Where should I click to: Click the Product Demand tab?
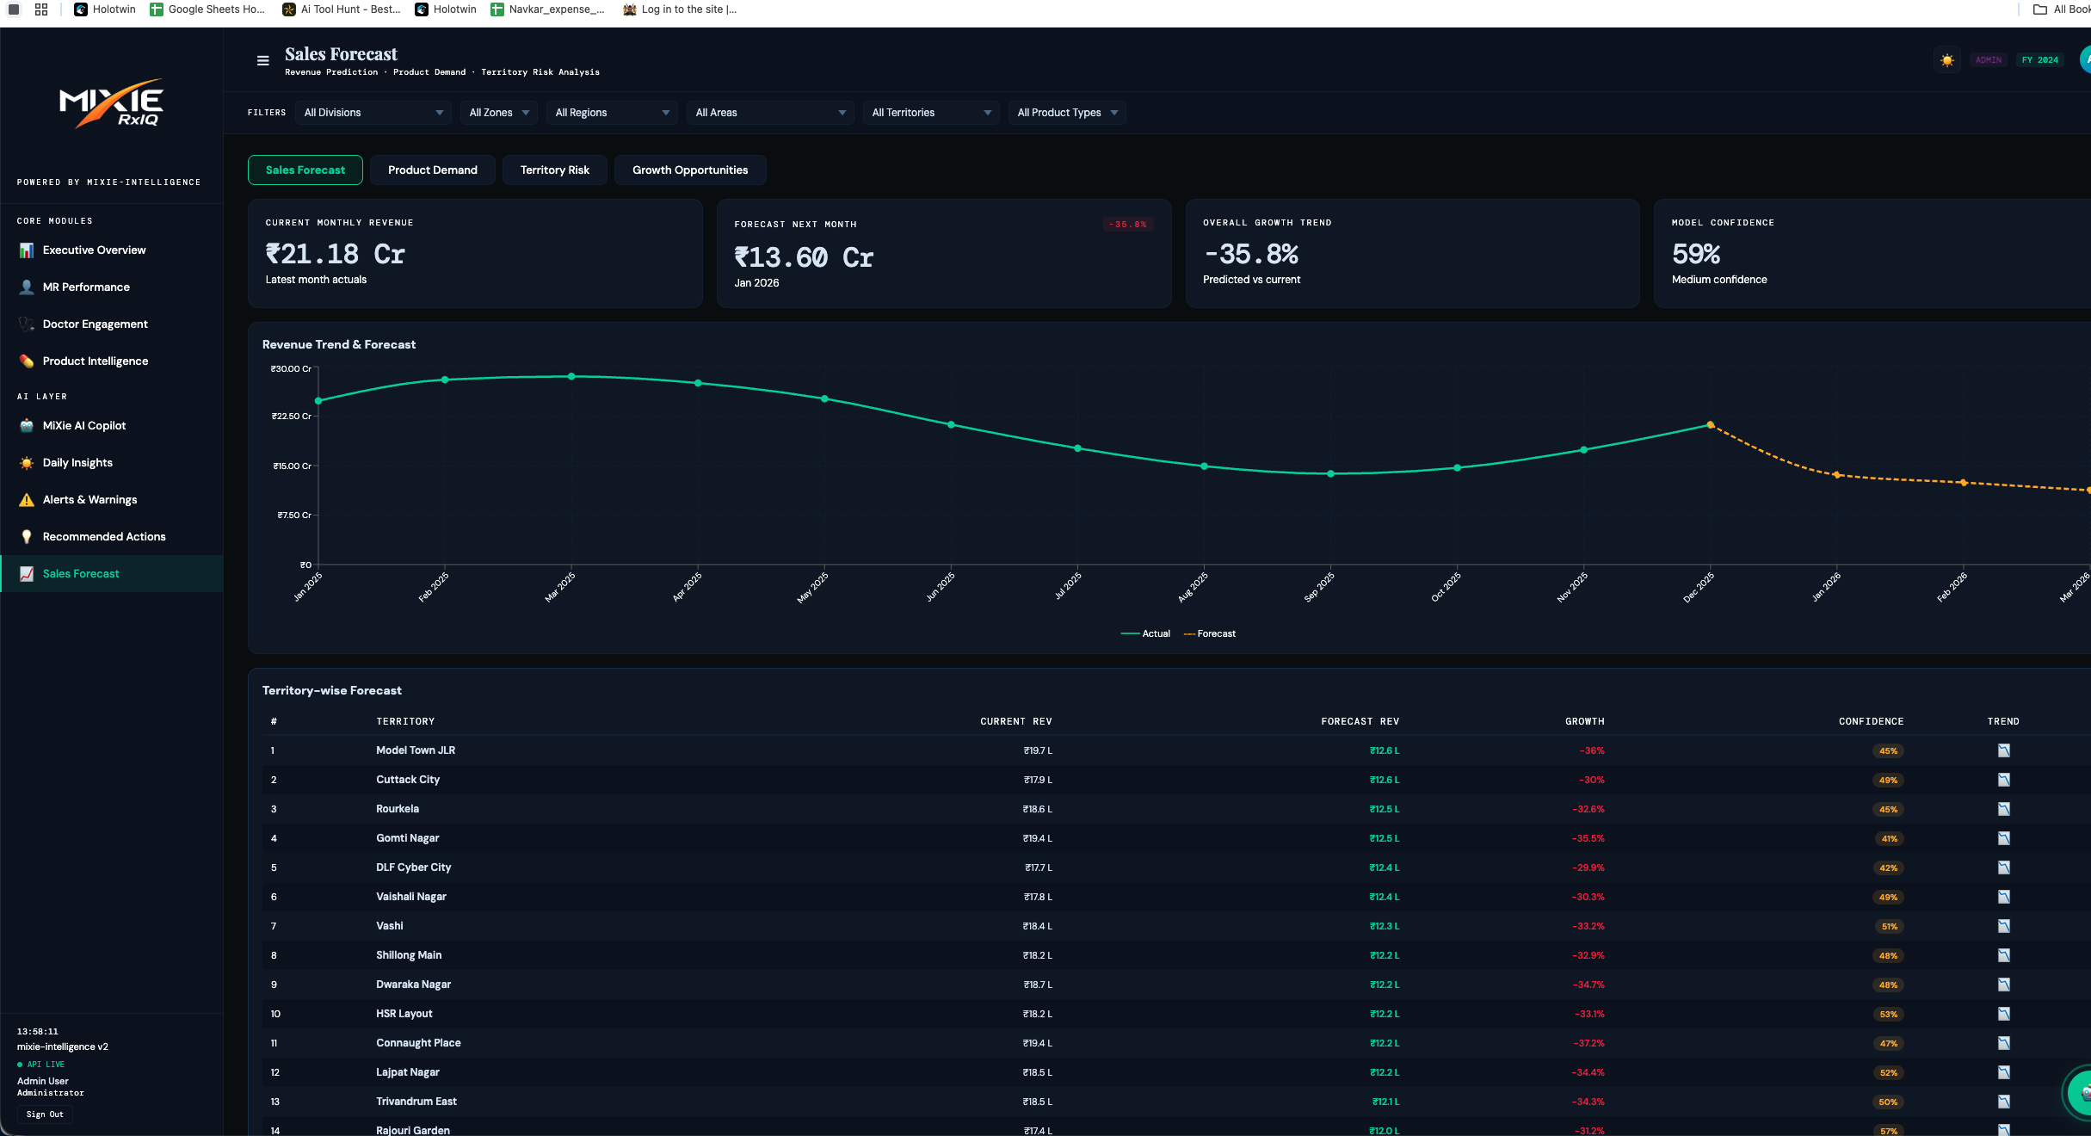coord(432,170)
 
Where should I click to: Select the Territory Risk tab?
coord(554,170)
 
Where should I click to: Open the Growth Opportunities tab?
coord(689,170)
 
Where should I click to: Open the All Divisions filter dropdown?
coord(373,113)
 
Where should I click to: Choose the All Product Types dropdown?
coord(1066,113)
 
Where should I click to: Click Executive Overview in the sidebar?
coord(94,250)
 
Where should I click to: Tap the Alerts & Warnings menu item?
coord(89,500)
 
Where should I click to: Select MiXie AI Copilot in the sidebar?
coord(83,426)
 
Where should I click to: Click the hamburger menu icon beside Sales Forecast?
coord(263,61)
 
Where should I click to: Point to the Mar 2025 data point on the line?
coord(571,377)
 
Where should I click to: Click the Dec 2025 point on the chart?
coord(1710,424)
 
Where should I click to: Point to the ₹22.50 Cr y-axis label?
coord(292,417)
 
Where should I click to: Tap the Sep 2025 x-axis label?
coord(1319,587)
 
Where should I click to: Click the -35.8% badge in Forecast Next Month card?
coord(1127,225)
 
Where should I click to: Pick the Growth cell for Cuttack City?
coord(1591,781)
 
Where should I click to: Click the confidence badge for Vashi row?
coord(1888,927)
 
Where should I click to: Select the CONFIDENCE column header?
coord(1871,722)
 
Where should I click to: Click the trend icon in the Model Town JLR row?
coord(2003,751)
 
